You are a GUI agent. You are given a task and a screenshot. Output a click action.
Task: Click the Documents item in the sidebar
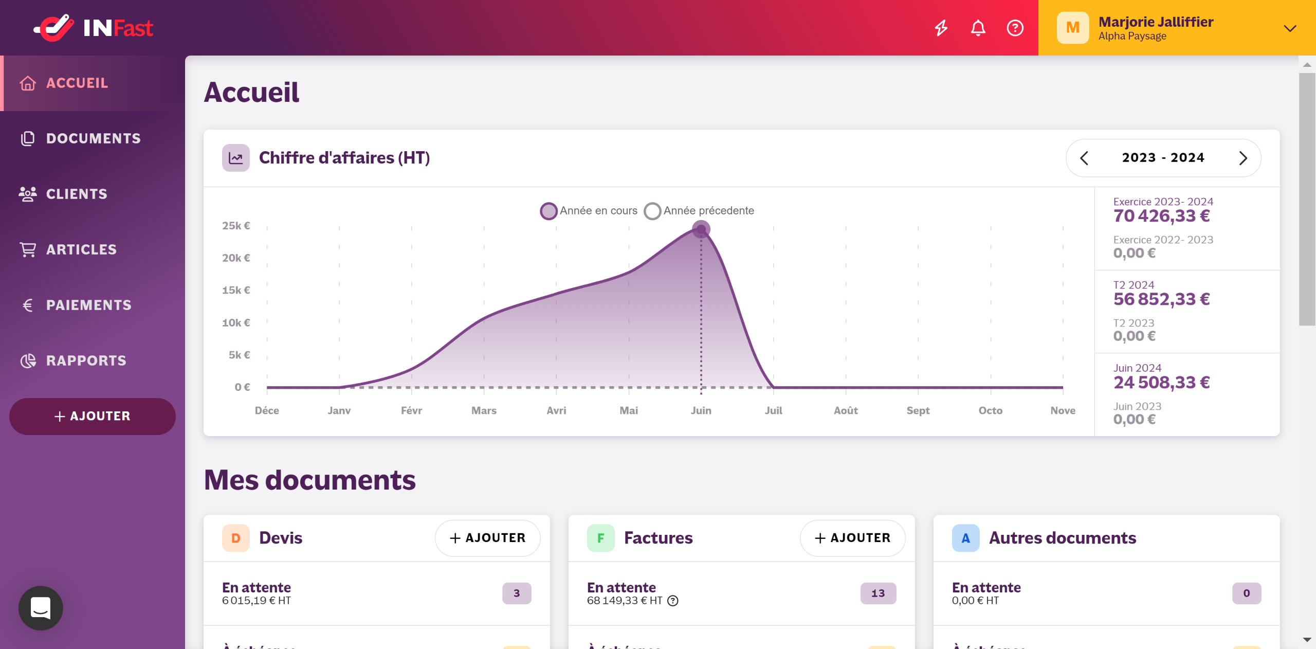click(93, 138)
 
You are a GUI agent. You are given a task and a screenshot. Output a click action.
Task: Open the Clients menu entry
click(77, 194)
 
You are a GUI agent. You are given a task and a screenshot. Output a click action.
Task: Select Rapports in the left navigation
click(86, 360)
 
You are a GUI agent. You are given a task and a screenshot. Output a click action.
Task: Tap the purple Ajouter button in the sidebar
click(93, 416)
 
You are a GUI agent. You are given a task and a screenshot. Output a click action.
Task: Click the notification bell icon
click(978, 28)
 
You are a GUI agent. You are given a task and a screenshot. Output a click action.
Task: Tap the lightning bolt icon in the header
click(941, 28)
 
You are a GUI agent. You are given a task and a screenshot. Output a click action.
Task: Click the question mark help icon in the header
click(1015, 28)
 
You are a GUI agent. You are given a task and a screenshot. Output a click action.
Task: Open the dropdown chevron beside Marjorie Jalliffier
click(1290, 28)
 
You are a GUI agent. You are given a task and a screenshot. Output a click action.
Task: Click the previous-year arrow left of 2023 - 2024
click(1084, 158)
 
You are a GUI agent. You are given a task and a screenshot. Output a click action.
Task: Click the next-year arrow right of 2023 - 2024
click(1243, 158)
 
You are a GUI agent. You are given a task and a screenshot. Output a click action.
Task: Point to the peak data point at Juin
click(701, 229)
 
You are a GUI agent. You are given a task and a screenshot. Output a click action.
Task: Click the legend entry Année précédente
click(699, 211)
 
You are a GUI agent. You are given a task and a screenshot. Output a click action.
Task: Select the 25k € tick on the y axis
click(236, 226)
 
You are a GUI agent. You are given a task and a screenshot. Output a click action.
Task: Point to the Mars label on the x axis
click(484, 410)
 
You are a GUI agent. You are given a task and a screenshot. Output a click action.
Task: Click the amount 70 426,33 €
click(1161, 216)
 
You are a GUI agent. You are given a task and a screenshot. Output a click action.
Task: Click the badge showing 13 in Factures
click(878, 593)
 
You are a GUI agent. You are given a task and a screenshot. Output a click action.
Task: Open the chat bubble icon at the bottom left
click(41, 608)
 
